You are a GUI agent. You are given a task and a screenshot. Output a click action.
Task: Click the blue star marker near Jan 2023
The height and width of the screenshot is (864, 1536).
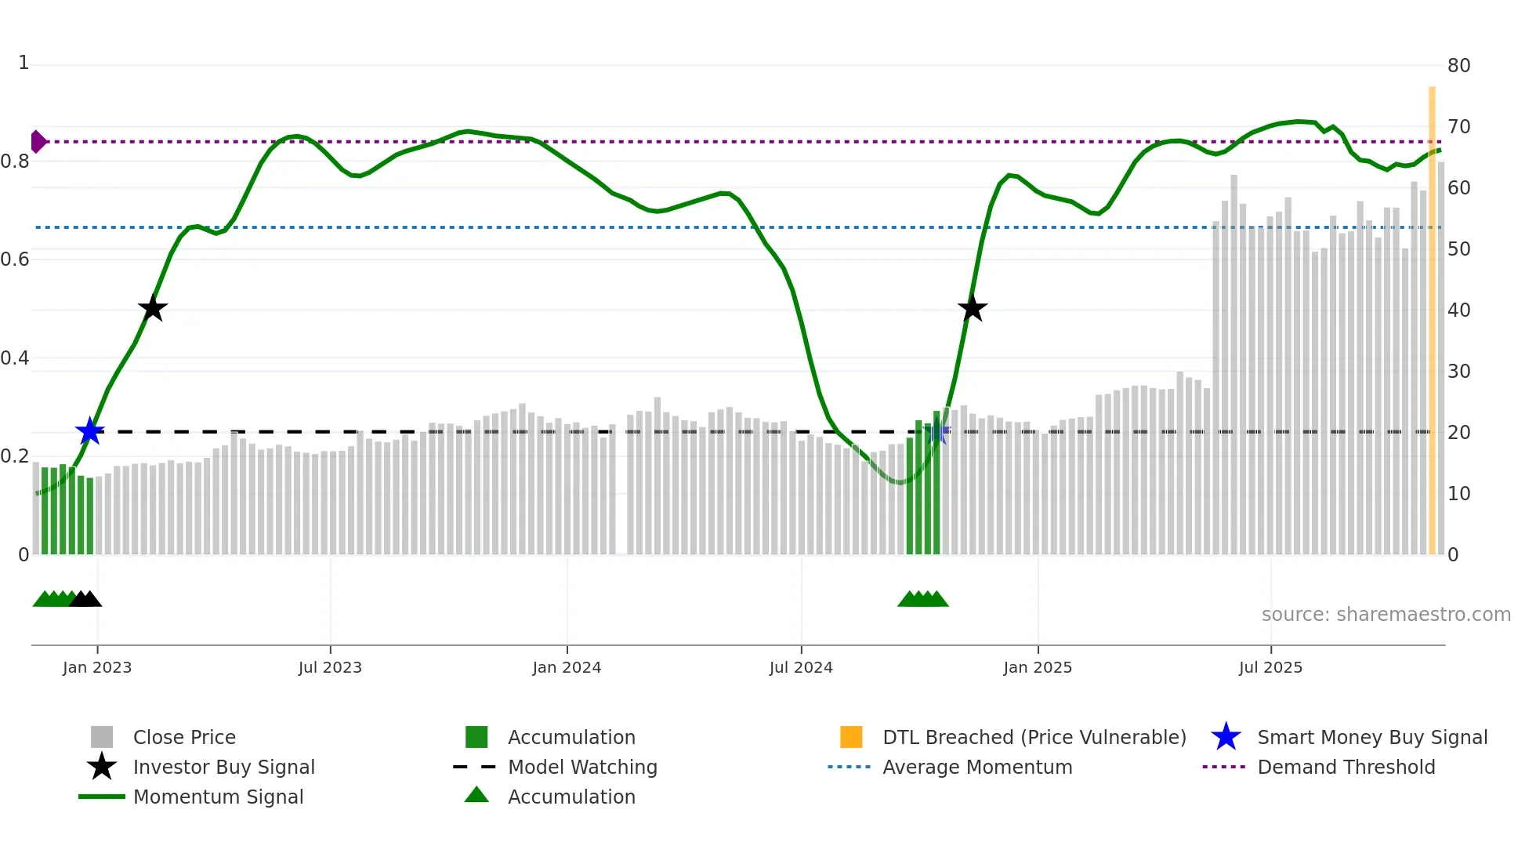(x=90, y=431)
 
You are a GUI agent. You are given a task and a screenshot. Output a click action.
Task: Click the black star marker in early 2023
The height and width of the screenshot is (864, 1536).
(x=153, y=308)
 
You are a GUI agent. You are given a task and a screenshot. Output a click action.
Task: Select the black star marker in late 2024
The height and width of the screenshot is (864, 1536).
(x=972, y=308)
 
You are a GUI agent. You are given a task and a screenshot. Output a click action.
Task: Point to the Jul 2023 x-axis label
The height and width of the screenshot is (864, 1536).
(x=330, y=668)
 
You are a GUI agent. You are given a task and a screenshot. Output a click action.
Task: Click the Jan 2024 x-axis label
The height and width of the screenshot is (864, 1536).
(x=567, y=668)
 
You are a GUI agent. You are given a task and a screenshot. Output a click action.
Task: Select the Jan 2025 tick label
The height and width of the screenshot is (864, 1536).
(x=1038, y=668)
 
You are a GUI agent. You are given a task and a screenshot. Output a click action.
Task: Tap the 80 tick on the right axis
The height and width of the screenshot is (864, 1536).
(x=1458, y=66)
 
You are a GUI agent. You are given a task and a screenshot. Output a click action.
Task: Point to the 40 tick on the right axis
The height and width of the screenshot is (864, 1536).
(x=1458, y=310)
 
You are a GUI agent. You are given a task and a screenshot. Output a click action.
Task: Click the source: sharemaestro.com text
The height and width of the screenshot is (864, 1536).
(x=1386, y=615)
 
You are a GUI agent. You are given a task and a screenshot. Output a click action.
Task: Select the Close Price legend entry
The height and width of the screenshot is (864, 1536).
(x=184, y=738)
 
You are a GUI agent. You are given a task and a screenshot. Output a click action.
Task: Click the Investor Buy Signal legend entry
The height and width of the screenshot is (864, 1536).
(x=223, y=768)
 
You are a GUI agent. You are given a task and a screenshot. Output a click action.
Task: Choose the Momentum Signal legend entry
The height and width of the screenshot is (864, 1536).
(x=218, y=797)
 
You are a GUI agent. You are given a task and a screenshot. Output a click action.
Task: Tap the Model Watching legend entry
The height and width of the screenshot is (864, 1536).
(x=582, y=768)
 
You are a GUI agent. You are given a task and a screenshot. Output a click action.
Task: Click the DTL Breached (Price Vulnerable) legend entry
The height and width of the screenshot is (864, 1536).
(x=1034, y=738)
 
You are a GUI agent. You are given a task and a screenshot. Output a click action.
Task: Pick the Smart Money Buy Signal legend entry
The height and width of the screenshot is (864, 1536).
(x=1372, y=738)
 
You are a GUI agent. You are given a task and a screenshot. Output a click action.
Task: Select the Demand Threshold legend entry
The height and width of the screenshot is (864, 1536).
(x=1346, y=768)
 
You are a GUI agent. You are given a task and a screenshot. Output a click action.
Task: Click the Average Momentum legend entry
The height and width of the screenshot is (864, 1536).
(x=977, y=768)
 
